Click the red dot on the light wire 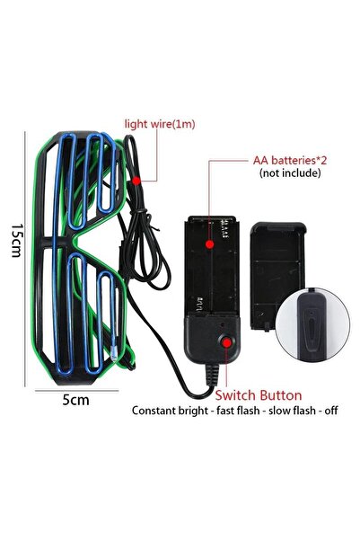tap(136, 181)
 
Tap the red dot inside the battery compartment tap(209, 244)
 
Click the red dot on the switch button tap(226, 342)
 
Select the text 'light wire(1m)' tap(160, 124)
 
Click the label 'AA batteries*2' tap(290, 160)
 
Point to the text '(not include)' tap(290, 173)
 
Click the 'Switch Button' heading tap(259, 395)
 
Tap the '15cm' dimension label tap(17, 241)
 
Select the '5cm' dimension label tap(75, 400)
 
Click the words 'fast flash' tap(238, 411)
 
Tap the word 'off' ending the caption tap(331, 411)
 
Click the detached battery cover tap(277, 276)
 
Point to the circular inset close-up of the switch tap(312, 324)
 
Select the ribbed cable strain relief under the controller tap(213, 375)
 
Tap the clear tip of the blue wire tap(114, 356)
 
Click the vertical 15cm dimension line tap(25, 259)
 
